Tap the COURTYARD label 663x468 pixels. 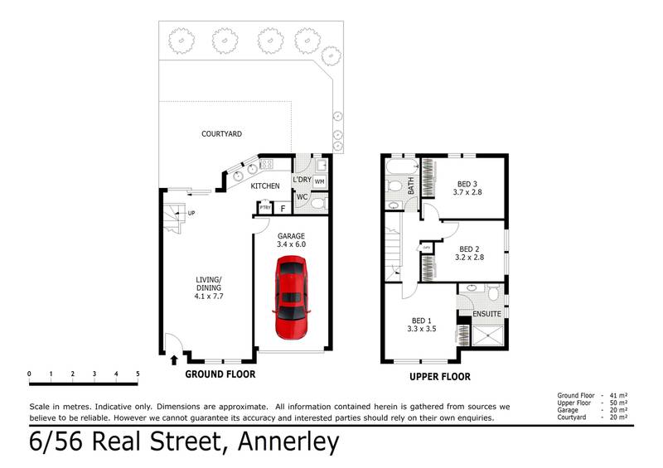[221, 133]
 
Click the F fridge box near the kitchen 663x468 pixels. [283, 208]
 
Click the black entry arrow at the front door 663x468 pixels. [174, 359]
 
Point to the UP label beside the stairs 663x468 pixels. [191, 214]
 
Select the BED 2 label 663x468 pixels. [470, 253]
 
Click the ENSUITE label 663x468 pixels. [486, 314]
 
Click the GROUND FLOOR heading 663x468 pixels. [220, 374]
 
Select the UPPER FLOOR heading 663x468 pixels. [439, 377]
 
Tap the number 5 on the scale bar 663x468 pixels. [138, 374]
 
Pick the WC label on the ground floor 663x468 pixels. [302, 197]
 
